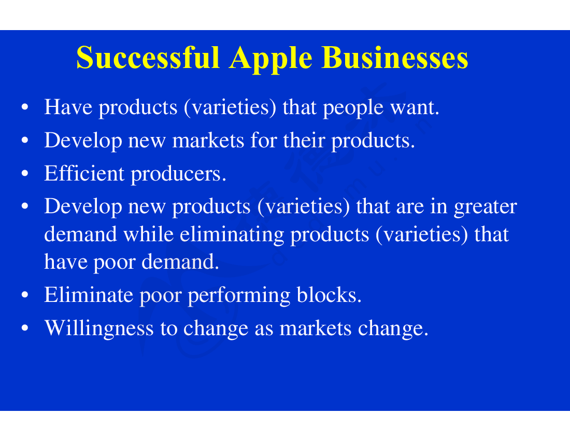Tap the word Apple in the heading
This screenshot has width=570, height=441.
point(271,59)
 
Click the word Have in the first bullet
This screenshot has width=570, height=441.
point(68,107)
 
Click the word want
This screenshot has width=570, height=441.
point(415,108)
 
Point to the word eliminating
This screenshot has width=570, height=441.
point(232,235)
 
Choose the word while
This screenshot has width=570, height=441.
point(148,233)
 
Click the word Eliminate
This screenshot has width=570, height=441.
point(89,294)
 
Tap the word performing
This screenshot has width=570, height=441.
point(239,296)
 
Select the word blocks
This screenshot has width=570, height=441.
point(329,294)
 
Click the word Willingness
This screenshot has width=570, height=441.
point(99,329)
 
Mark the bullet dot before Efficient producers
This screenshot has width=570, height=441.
point(25,174)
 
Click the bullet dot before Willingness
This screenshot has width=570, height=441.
point(25,328)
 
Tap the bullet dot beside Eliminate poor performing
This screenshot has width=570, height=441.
point(25,295)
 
